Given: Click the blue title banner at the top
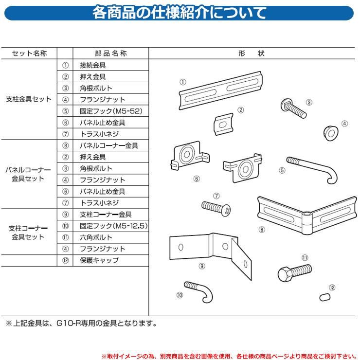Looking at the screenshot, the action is coord(179,13).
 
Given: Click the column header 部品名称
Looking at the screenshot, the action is coord(111,54).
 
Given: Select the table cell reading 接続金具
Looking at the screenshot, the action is coord(93,65).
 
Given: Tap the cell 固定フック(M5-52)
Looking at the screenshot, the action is coord(111,111).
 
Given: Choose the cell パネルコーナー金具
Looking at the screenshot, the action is coord(109,145).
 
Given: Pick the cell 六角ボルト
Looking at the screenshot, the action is coord(96,237).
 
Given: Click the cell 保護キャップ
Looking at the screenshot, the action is coord(99,260).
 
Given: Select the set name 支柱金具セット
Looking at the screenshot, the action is coord(29,99).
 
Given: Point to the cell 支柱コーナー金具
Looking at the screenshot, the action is coord(106,215).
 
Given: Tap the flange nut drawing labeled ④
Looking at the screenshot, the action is coord(331,133).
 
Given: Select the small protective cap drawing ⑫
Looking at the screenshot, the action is coord(325,297).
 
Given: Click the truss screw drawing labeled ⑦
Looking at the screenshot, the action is coord(216,208).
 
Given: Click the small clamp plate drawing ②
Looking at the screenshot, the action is coord(224,124).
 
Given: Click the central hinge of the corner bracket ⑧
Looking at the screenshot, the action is coord(307,223).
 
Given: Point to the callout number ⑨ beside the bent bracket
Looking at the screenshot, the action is coord(202,266).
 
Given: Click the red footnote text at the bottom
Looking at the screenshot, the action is coord(229,356).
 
